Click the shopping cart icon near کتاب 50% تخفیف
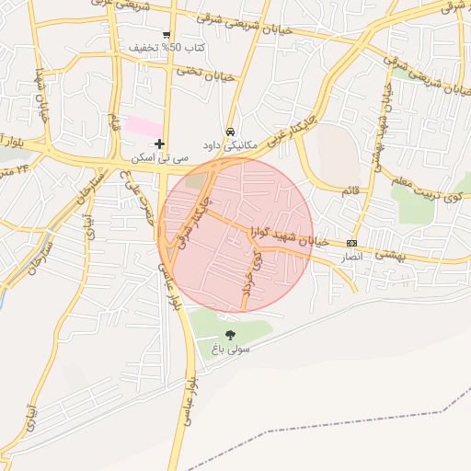click(x=166, y=35)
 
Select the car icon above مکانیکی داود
click(x=230, y=131)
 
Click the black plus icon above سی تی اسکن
click(x=160, y=144)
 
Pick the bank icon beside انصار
click(x=351, y=243)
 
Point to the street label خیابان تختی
click(x=201, y=71)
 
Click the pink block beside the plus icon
click(x=143, y=124)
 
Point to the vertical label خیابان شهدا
click(x=40, y=96)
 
